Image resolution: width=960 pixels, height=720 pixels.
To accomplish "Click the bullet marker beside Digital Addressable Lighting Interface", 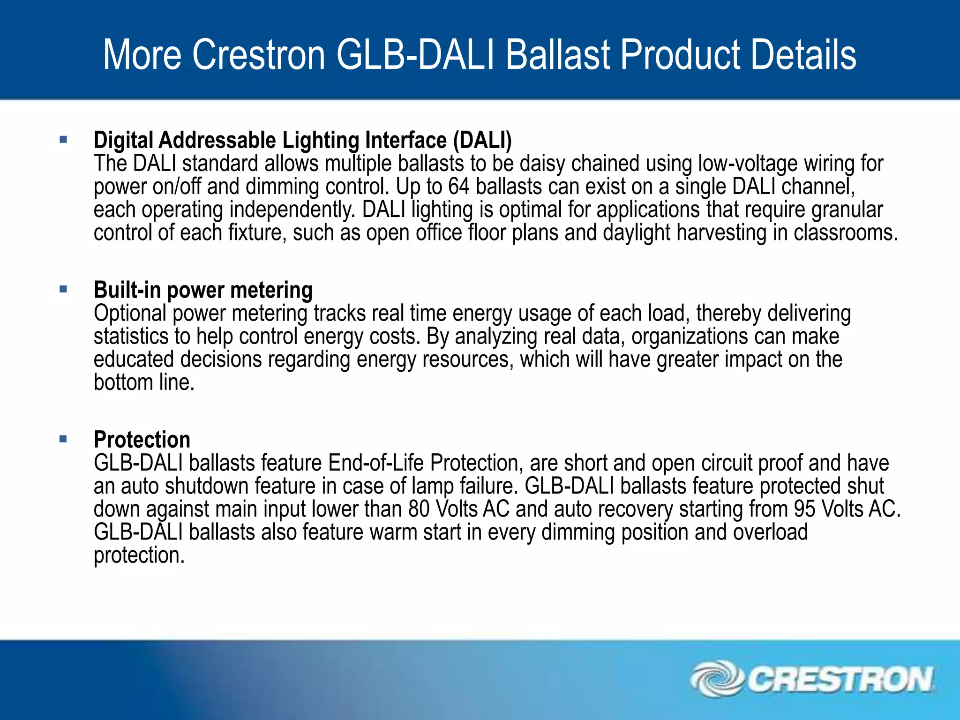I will pyautogui.click(x=63, y=139).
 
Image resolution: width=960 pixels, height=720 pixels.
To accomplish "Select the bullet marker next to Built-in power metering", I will pyautogui.click(x=63, y=289).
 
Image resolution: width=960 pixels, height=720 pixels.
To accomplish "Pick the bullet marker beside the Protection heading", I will pyautogui.click(x=63, y=439).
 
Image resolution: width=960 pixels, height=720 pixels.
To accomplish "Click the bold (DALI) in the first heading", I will pyautogui.click(x=482, y=140).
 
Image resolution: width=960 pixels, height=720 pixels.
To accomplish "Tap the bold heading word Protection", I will pyautogui.click(x=142, y=440).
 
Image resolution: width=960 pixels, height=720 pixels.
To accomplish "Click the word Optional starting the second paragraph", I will pyautogui.click(x=130, y=314).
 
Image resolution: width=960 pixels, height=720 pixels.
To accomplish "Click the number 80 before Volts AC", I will pyautogui.click(x=419, y=510).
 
